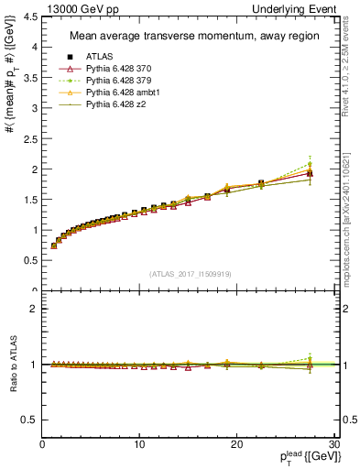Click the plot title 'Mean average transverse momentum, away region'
[x=188, y=37]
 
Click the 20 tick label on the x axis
[x=235, y=444]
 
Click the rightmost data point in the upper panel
[x=310, y=173]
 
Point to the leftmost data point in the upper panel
[x=54, y=245]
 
